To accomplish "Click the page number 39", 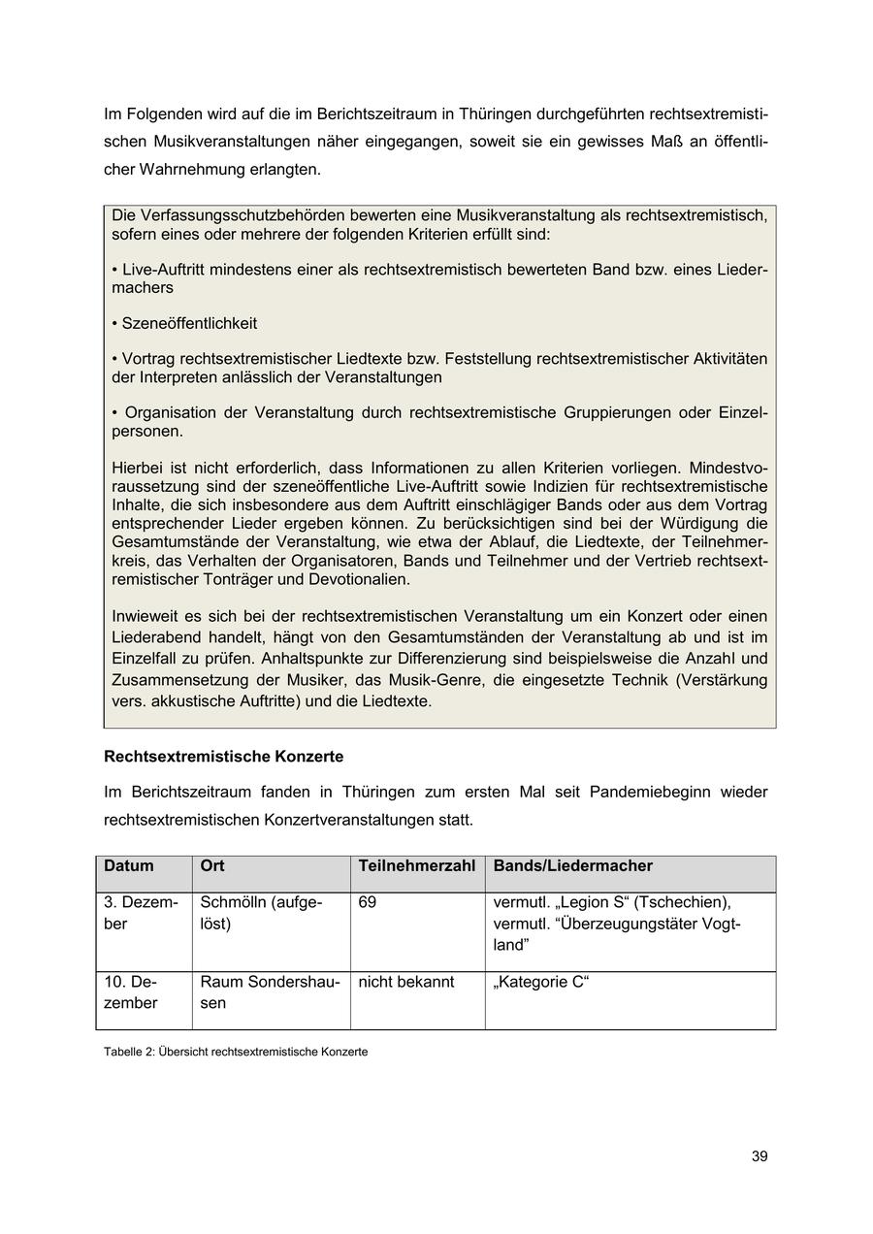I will [x=759, y=1156].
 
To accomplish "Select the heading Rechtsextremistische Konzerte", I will [x=223, y=756].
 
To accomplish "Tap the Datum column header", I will [x=128, y=865].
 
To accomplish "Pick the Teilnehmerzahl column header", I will [x=416, y=865].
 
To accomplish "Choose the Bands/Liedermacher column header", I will [x=572, y=865].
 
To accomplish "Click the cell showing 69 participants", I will [x=367, y=902].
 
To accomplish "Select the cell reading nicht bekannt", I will [x=405, y=982].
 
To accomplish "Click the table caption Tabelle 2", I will [x=236, y=1052].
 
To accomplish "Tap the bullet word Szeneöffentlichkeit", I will [x=189, y=323].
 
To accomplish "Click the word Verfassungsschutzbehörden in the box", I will [x=231, y=215].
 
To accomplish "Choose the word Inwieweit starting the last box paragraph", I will [x=146, y=616].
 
